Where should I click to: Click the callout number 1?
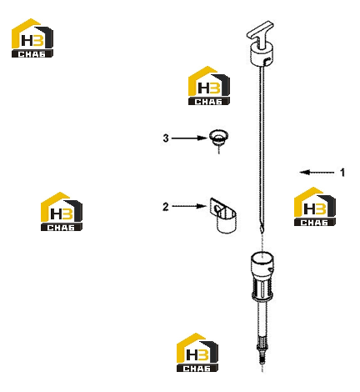(342, 173)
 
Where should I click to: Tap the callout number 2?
(166, 207)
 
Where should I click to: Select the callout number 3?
(166, 138)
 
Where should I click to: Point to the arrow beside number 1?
(317, 173)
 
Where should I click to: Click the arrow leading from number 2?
(189, 206)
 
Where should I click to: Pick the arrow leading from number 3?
(189, 138)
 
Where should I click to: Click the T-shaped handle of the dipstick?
(260, 33)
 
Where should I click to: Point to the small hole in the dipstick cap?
(267, 60)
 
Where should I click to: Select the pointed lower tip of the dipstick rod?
(262, 230)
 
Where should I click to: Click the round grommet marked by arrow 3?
(218, 138)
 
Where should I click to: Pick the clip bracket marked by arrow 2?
(223, 215)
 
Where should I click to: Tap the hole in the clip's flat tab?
(217, 209)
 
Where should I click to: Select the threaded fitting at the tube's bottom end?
(262, 349)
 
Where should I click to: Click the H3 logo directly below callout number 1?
(315, 206)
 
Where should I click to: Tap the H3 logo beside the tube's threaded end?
(197, 352)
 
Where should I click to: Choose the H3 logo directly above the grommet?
(209, 86)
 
